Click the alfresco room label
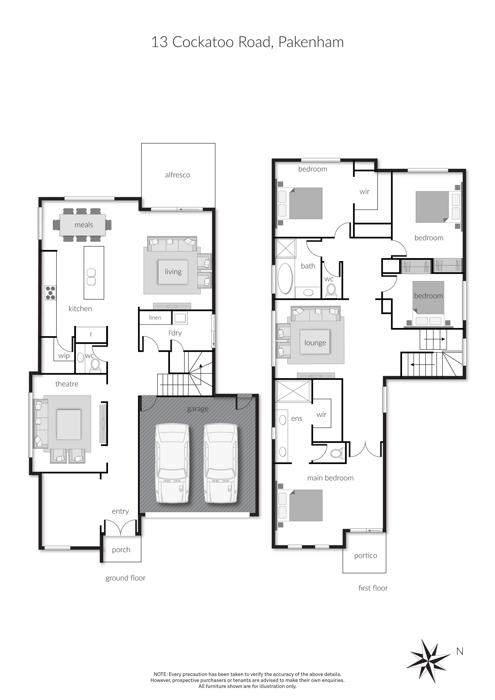177,175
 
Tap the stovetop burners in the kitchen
50,293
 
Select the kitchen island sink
91,277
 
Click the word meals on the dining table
84,225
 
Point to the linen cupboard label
155,318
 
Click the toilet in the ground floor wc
95,365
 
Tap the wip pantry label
64,356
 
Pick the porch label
121,550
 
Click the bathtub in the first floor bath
285,278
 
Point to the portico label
366,556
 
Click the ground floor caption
125,578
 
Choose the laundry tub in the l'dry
180,318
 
